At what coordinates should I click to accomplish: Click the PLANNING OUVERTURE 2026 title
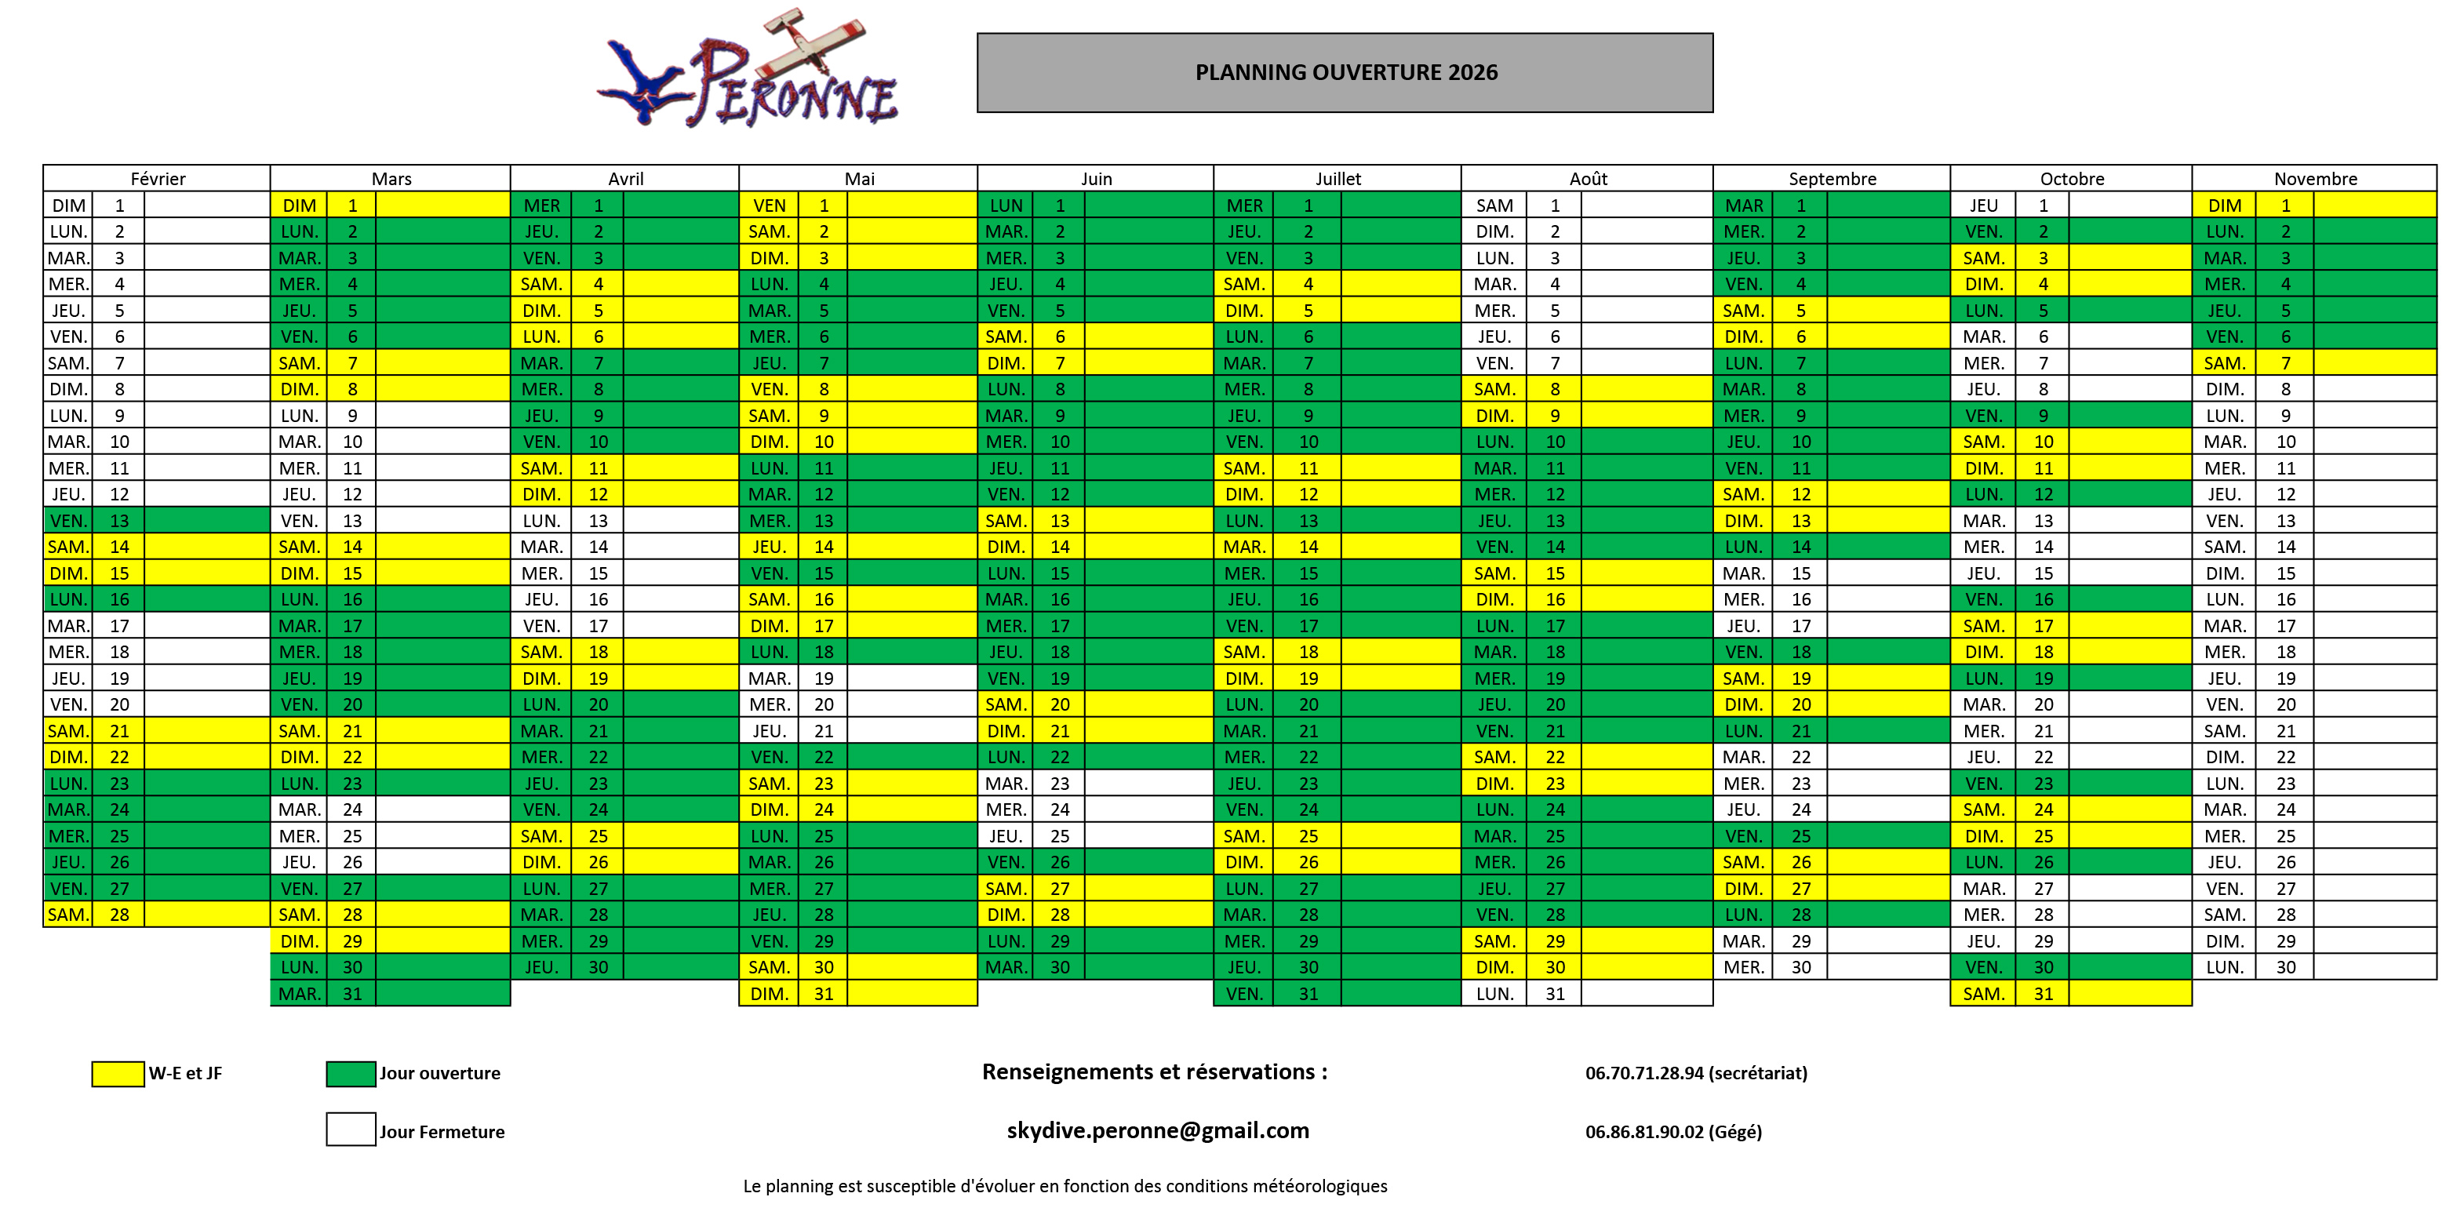coord(1346,73)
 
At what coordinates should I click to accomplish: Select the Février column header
coord(158,179)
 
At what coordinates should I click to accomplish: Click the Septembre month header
coord(1832,179)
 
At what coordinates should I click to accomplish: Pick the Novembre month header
coord(2315,179)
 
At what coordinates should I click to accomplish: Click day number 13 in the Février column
coord(119,520)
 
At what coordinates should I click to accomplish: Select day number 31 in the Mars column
coord(352,994)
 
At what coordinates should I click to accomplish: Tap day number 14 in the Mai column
coord(824,547)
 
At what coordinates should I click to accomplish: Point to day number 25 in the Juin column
coord(1060,836)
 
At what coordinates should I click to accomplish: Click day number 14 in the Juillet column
coord(1308,547)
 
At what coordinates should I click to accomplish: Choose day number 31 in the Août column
coord(1556,994)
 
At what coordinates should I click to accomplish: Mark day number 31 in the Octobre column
coord(2043,994)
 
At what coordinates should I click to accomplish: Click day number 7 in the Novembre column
coord(2285,363)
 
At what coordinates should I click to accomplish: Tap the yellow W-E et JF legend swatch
coord(118,1074)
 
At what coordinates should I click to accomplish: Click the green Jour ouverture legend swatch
coord(351,1074)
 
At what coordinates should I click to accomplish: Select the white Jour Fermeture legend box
coord(351,1130)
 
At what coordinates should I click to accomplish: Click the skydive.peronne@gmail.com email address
coord(1157,1130)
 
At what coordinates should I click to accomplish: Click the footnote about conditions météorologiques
coord(1065,1187)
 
